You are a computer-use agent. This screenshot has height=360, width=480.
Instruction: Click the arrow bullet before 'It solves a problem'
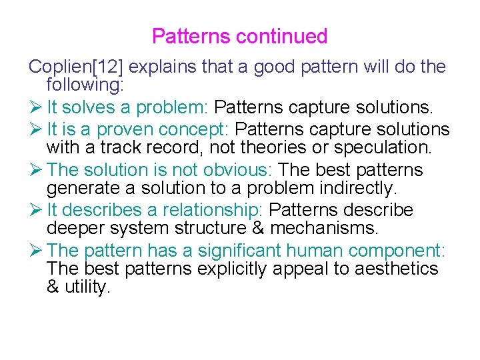[35, 107]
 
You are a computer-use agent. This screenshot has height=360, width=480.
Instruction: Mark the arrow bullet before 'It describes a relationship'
[35, 210]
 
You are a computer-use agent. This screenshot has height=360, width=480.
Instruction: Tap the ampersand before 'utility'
[54, 287]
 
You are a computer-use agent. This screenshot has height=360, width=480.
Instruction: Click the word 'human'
[313, 251]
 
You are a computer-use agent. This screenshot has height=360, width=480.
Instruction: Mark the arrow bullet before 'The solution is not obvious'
[35, 170]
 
